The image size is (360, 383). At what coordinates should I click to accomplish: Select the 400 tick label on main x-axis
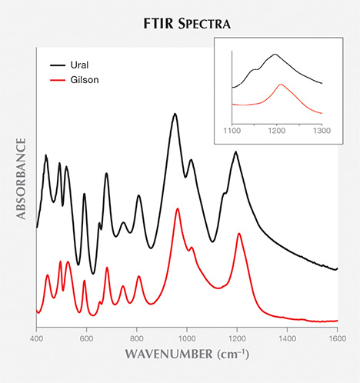coord(37,338)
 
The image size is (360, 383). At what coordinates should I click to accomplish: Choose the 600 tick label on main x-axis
coord(87,338)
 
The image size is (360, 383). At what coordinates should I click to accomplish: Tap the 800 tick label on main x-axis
coord(137,338)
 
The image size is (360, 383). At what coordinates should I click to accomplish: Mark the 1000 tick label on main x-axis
coord(187,338)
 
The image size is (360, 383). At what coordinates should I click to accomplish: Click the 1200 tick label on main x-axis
coord(237,338)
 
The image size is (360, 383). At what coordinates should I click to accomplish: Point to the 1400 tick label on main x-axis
coord(287,338)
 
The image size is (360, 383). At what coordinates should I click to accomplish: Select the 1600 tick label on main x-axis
coord(337,338)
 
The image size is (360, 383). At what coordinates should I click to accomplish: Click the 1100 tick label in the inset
coord(232,132)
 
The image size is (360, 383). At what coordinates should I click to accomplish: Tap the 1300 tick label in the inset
coord(322,132)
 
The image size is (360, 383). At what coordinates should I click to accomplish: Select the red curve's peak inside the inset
coord(282,85)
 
